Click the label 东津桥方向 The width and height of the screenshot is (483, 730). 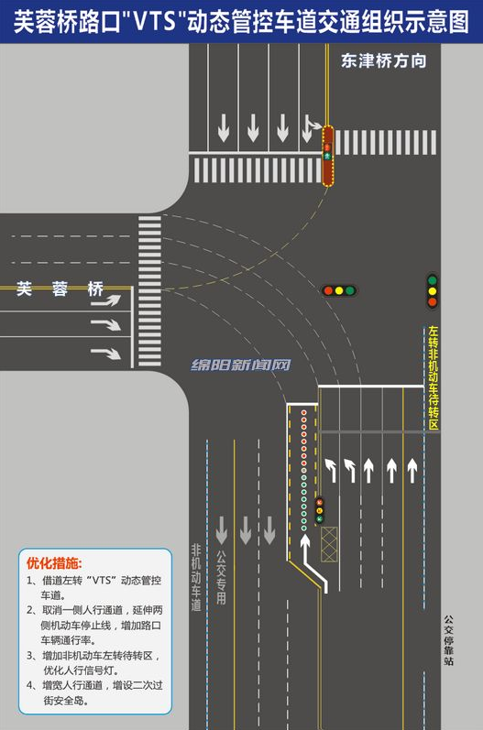(383, 61)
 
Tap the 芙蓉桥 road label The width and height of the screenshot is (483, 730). (60, 289)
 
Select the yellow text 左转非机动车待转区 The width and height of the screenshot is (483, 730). (434, 377)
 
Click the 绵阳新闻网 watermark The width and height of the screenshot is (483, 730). (240, 365)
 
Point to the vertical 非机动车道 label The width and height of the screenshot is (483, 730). (196, 577)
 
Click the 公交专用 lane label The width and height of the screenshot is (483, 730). (221, 577)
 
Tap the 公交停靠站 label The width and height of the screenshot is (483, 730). (448, 640)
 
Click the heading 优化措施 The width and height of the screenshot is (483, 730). (54, 563)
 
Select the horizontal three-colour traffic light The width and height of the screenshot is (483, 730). (339, 290)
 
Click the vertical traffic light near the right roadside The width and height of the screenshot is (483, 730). (433, 291)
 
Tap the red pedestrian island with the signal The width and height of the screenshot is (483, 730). (328, 156)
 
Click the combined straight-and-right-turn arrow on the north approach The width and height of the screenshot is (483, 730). (311, 128)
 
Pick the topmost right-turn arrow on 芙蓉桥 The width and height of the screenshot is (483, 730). (105, 300)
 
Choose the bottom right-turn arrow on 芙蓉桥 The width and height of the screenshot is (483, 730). (105, 354)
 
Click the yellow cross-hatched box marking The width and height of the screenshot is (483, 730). (329, 544)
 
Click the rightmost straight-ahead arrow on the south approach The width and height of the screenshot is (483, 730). (412, 471)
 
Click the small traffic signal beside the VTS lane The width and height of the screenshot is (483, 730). (320, 510)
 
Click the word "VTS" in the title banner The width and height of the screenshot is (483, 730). (154, 21)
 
